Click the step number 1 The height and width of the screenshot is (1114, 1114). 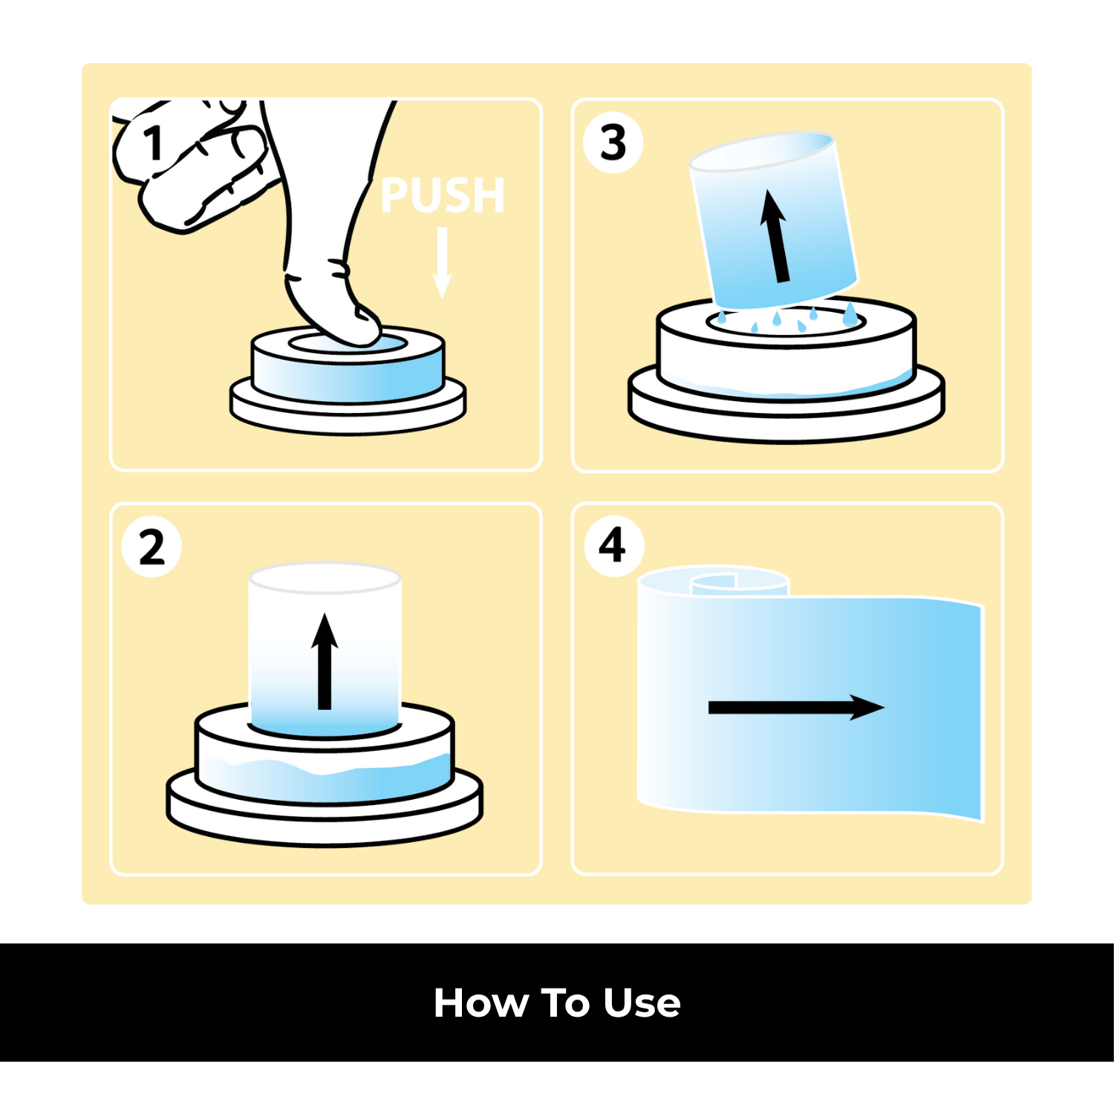click(x=154, y=143)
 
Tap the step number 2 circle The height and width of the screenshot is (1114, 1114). click(x=152, y=547)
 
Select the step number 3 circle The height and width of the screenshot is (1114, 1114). click(x=613, y=143)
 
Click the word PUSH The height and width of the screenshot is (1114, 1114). click(x=443, y=195)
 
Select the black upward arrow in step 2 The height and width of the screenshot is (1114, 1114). click(x=325, y=661)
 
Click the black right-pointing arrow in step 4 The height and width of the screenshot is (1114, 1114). click(x=796, y=707)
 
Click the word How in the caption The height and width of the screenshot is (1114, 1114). click(x=481, y=1003)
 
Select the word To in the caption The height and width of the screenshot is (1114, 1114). click(x=565, y=1003)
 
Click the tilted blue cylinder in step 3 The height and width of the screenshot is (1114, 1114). click(x=774, y=221)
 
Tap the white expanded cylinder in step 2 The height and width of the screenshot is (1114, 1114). click(x=325, y=649)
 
